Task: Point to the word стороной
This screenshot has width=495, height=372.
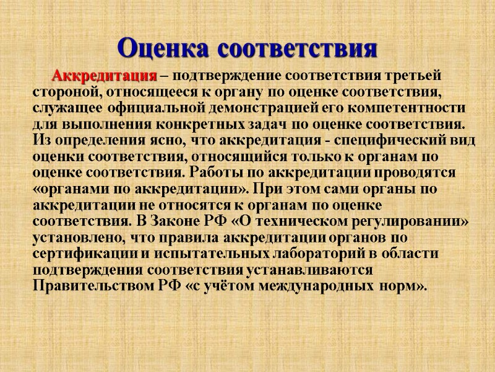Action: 61,92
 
